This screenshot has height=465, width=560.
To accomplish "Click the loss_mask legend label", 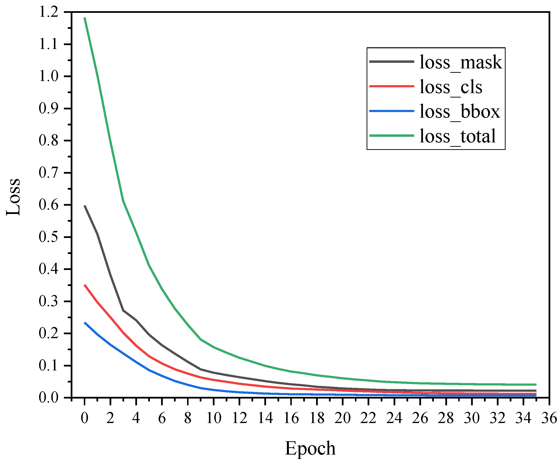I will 461,62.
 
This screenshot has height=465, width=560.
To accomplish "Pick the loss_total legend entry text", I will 458,136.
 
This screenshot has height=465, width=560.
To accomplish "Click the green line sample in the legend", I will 391,136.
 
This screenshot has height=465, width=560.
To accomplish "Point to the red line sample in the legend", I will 391,86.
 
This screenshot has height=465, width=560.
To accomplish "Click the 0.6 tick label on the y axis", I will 48,205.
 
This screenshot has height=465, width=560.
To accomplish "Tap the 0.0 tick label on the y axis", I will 48,398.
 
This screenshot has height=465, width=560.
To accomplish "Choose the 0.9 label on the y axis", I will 48,109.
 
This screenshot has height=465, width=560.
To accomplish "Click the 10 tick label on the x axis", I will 214,418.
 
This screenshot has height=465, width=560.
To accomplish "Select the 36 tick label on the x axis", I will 549,418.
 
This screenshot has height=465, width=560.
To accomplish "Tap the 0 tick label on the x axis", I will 85,418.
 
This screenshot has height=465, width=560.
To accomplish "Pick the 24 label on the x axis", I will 394,418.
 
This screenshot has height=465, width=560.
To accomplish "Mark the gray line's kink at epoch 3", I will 123,310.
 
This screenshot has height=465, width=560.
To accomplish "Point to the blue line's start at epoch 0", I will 85,323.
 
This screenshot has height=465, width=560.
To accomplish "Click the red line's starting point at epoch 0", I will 85,285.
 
